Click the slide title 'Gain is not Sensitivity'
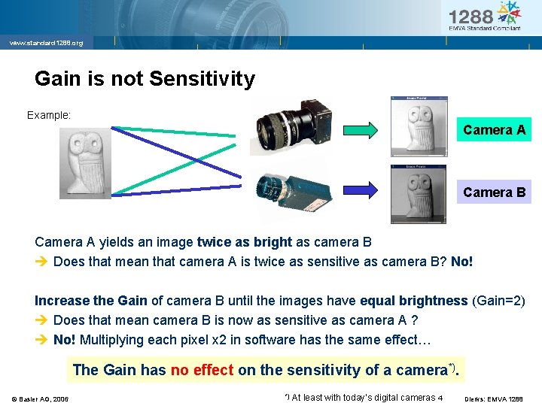(145, 78)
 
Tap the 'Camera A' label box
(494, 130)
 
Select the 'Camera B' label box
(494, 192)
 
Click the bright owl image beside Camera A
(419, 126)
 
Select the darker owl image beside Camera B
(419, 194)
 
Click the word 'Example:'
(49, 115)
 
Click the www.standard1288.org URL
(46, 43)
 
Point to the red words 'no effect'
(202, 369)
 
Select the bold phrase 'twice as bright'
(244, 242)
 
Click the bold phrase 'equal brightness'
(413, 301)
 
